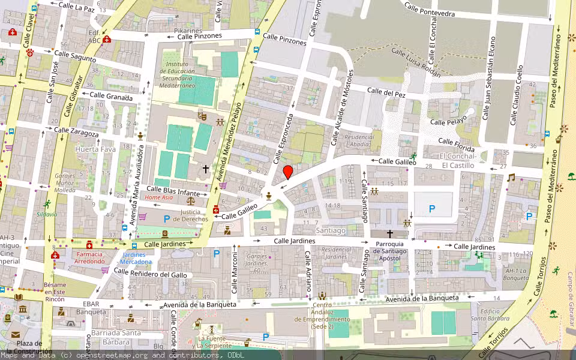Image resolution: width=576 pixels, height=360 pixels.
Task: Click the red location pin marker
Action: [288, 172]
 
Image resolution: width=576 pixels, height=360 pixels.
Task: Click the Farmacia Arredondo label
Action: [89, 257]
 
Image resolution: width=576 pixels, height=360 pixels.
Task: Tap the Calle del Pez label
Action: [386, 92]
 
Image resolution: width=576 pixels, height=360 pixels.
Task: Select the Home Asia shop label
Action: [159, 197]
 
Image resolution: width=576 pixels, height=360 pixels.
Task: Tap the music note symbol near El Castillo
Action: [511, 178]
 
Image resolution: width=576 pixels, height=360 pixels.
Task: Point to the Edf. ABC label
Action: [94, 37]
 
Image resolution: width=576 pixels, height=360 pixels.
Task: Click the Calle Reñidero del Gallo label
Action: [150, 274]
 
